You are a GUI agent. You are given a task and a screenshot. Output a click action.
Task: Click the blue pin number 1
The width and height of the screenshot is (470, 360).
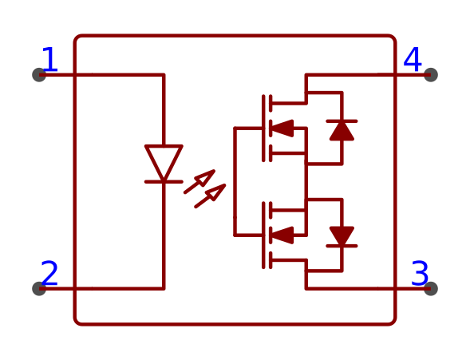click(50, 59)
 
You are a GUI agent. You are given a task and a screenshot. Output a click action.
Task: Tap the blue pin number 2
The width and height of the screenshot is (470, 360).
click(49, 273)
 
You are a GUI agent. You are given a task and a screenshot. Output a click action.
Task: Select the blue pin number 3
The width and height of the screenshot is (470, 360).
click(420, 273)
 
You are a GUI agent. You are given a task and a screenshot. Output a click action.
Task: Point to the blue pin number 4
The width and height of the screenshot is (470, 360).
click(413, 59)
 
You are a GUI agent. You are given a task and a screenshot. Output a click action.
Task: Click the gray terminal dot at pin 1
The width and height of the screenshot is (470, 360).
click(39, 75)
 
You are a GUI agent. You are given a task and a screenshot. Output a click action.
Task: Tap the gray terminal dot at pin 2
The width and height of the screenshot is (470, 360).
click(39, 288)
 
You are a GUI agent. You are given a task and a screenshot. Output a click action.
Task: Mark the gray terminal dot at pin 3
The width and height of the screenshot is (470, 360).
click(431, 288)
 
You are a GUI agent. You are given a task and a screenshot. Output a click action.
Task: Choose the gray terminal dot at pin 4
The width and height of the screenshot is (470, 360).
click(431, 75)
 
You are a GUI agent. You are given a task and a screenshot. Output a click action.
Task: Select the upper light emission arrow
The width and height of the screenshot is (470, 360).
click(199, 182)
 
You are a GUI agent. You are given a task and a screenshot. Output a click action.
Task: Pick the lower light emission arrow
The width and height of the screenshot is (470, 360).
click(211, 196)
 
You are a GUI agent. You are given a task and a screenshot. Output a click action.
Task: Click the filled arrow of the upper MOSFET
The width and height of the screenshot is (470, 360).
click(282, 129)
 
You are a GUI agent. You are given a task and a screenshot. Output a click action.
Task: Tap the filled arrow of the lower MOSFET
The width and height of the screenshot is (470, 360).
click(282, 235)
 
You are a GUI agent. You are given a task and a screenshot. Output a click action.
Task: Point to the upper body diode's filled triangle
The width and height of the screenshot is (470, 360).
click(342, 131)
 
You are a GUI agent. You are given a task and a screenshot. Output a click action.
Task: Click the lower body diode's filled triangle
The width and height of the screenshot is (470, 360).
click(342, 236)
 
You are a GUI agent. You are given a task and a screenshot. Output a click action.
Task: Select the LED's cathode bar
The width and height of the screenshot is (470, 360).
click(164, 182)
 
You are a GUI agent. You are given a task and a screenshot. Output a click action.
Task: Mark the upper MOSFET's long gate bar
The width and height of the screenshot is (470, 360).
click(263, 129)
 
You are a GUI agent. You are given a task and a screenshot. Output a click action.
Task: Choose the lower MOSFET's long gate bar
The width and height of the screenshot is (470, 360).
click(263, 235)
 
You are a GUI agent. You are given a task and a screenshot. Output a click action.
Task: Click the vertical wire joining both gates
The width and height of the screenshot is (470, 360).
click(235, 182)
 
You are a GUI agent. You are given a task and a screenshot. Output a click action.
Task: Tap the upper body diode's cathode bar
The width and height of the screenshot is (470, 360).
click(342, 121)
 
